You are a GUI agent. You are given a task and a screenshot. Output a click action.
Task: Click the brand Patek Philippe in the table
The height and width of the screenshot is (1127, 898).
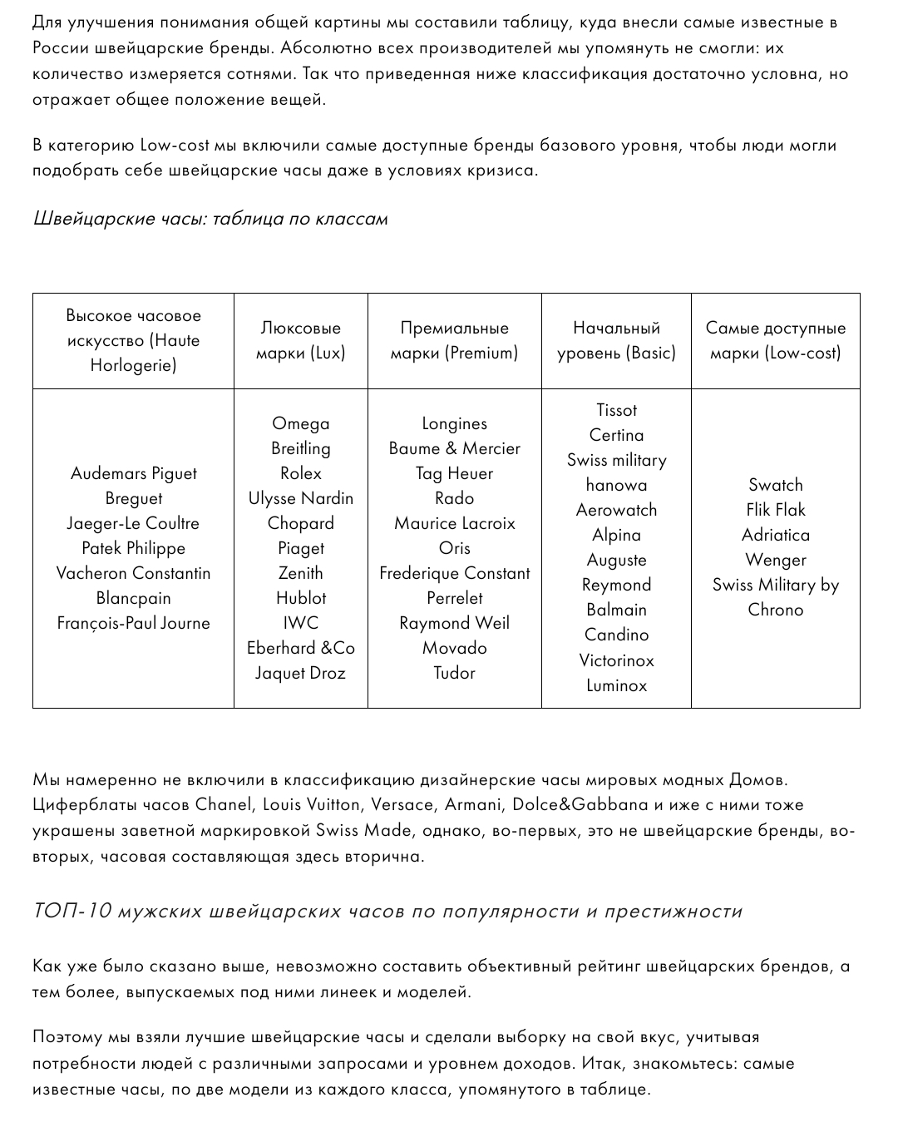pyautogui.click(x=133, y=548)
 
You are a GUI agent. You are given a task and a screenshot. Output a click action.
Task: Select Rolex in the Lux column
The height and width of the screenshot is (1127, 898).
pyautogui.click(x=300, y=473)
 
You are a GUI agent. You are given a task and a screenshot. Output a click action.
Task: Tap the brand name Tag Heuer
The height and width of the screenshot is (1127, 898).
pyautogui.click(x=454, y=473)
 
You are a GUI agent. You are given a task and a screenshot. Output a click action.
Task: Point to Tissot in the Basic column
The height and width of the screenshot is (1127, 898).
pyautogui.click(x=616, y=410)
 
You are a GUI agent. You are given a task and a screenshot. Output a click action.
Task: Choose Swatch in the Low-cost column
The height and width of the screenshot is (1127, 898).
pyautogui.click(x=775, y=485)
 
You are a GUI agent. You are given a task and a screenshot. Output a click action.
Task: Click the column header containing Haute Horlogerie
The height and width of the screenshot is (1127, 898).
pyautogui.click(x=133, y=340)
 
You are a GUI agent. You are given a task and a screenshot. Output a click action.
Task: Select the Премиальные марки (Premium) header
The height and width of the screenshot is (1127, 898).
pyautogui.click(x=454, y=340)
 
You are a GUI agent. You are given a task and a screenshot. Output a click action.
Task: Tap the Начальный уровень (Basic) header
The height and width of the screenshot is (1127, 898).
pyautogui.click(x=616, y=340)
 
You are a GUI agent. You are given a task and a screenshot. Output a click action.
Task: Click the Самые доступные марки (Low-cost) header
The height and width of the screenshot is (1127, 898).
pyautogui.click(x=775, y=340)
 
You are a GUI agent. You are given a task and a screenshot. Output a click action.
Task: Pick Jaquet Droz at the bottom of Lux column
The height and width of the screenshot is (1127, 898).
pyautogui.click(x=300, y=673)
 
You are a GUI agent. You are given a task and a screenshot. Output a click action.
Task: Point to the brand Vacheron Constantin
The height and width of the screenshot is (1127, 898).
pyautogui.click(x=133, y=573)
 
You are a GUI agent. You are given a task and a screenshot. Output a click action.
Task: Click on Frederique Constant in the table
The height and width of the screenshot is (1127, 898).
pyautogui.click(x=454, y=573)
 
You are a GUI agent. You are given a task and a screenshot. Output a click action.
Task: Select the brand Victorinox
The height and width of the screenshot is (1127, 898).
pyautogui.click(x=616, y=660)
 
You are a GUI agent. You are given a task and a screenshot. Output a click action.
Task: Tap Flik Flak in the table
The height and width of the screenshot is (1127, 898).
pyautogui.click(x=775, y=510)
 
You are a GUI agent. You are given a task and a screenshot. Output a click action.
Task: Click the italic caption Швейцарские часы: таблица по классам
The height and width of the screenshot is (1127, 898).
pyautogui.click(x=210, y=219)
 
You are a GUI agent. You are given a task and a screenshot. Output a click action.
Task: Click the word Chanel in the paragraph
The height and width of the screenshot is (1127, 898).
pyautogui.click(x=223, y=804)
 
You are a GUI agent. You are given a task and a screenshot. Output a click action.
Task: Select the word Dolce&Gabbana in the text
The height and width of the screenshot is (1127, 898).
pyautogui.click(x=580, y=804)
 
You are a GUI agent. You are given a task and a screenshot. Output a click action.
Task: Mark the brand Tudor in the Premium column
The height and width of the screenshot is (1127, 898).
pyautogui.click(x=454, y=673)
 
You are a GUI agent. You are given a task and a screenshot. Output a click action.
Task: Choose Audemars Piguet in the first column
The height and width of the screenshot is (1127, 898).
pyautogui.click(x=133, y=473)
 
